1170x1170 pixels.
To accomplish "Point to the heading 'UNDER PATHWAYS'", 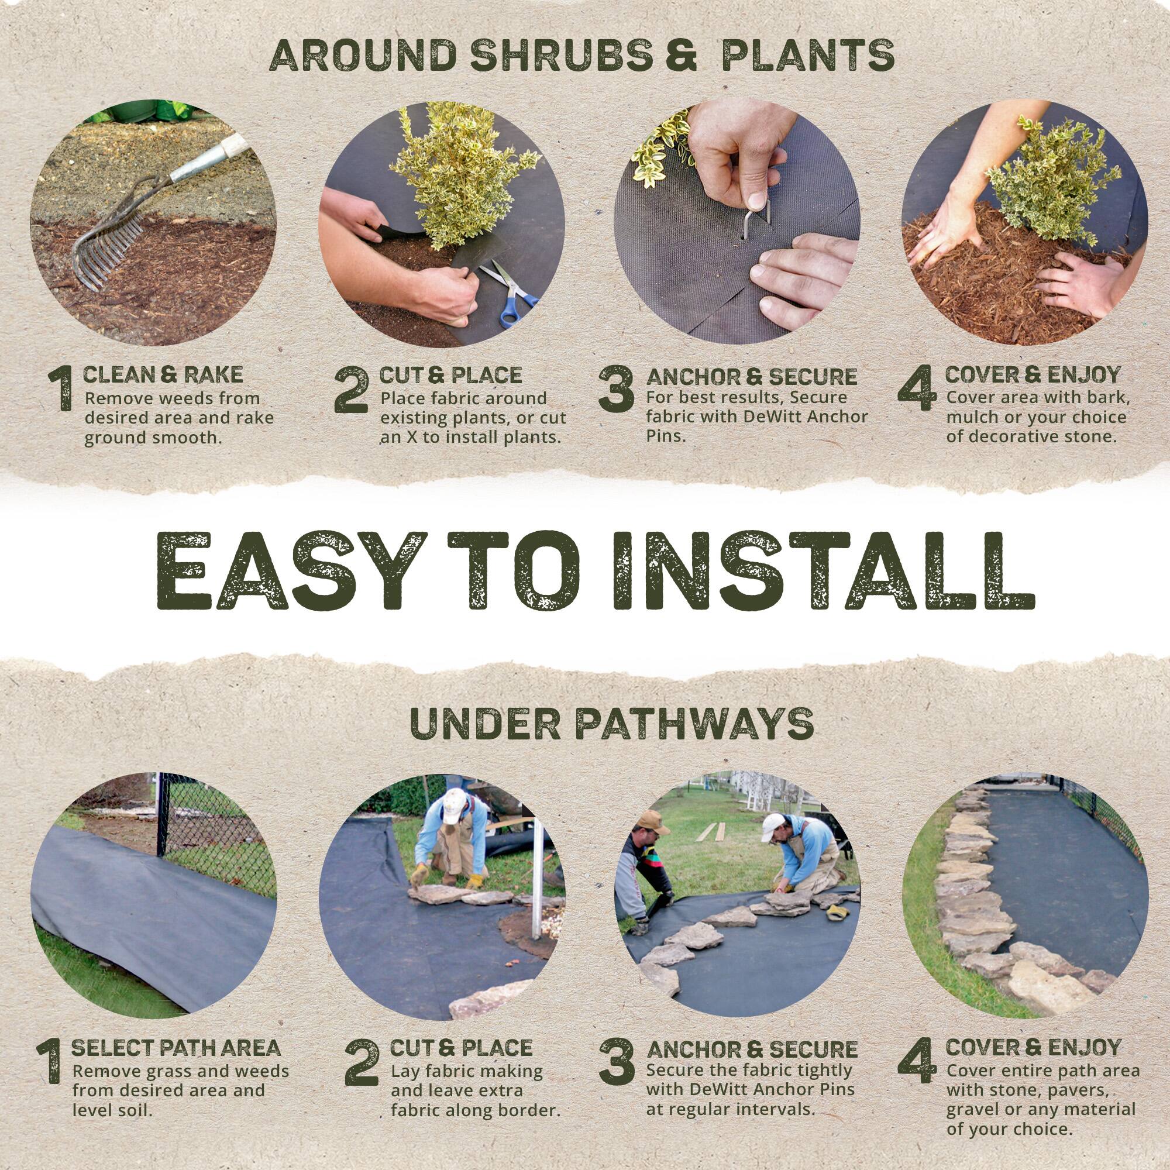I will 612,724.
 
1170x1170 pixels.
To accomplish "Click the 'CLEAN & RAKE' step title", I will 162,375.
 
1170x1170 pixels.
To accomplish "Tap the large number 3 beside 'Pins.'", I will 616,391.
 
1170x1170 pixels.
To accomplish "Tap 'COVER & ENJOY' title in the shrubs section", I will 1032,375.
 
